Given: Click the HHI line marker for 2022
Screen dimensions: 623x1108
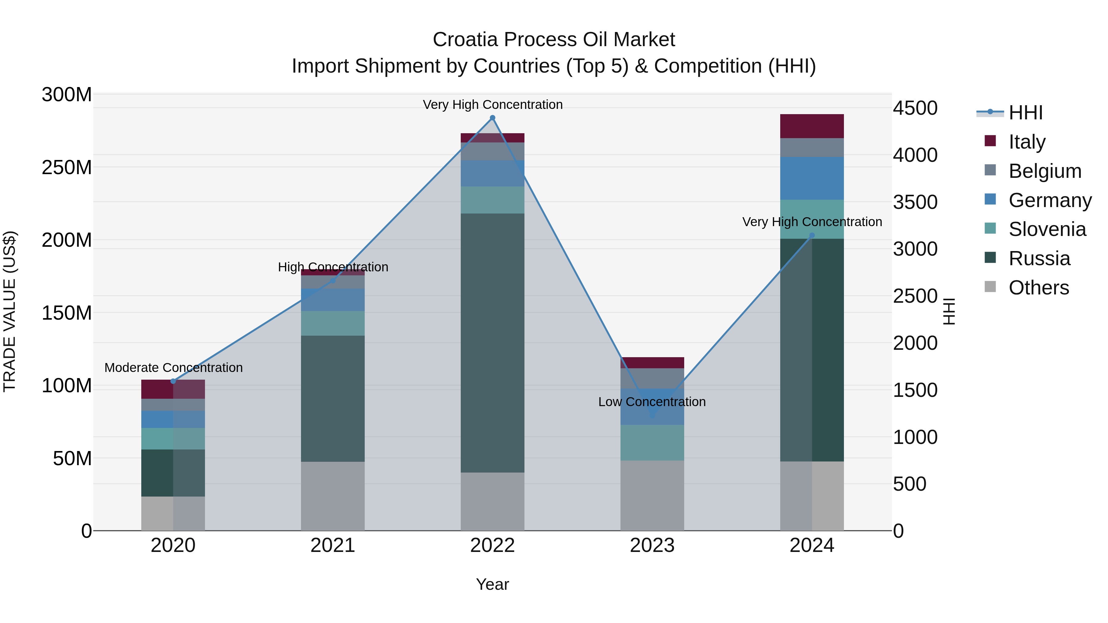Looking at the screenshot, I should (x=492, y=118).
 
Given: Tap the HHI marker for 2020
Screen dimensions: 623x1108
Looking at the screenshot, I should (x=173, y=381).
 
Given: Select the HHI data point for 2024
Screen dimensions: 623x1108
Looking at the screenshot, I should (x=812, y=236).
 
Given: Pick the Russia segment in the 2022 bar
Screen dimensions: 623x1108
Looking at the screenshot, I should (x=492, y=343).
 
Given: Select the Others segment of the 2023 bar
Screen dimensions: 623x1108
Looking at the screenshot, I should (x=652, y=495).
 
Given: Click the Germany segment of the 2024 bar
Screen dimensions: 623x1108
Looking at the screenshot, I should (x=812, y=178).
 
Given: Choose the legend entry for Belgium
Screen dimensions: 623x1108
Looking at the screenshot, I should (x=1044, y=171).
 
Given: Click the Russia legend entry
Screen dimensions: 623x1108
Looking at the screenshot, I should (x=1039, y=258).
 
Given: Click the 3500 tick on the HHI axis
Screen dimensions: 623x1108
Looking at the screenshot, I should (x=915, y=202).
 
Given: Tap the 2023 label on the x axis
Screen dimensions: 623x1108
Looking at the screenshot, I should (x=652, y=545).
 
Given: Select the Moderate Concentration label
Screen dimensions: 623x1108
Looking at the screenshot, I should (x=173, y=368).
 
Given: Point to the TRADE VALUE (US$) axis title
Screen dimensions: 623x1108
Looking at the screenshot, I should (x=10, y=311).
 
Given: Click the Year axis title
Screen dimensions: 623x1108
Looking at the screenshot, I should (x=492, y=584).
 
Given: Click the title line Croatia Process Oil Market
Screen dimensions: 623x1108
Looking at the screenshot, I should (x=554, y=40).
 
